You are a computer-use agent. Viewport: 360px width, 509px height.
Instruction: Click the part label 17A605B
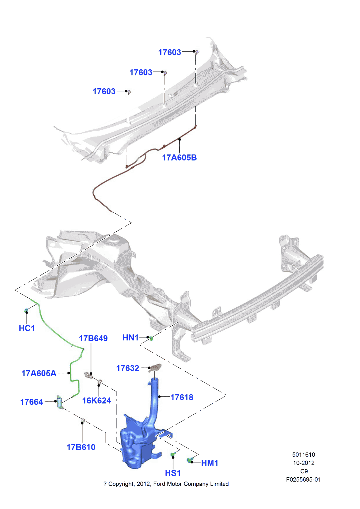pyautogui.click(x=179, y=157)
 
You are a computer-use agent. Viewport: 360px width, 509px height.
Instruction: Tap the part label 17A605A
pyautogui.click(x=39, y=373)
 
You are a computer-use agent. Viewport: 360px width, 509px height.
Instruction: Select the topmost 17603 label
pyautogui.click(x=170, y=52)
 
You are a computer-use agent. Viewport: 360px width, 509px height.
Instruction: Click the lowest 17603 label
pyautogui.click(x=104, y=91)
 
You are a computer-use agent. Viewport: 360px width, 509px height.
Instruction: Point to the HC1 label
pyautogui.click(x=27, y=328)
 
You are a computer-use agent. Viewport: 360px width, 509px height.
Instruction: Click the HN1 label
pyautogui.click(x=130, y=338)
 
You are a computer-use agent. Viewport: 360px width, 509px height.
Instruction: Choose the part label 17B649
pyautogui.click(x=93, y=338)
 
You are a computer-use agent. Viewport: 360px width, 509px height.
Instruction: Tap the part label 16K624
pyautogui.click(x=97, y=400)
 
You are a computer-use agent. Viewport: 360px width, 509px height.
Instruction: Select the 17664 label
pyautogui.click(x=31, y=402)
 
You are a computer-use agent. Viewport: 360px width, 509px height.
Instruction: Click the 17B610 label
pyautogui.click(x=81, y=447)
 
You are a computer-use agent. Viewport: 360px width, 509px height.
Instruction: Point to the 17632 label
pyautogui.click(x=128, y=368)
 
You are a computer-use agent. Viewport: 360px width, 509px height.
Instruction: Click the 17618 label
pyautogui.click(x=182, y=397)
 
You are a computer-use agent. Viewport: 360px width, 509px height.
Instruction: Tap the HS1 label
pyautogui.click(x=173, y=473)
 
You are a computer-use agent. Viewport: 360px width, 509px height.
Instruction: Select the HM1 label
pyautogui.click(x=209, y=463)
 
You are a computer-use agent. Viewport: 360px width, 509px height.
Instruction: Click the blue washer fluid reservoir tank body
pyautogui.click(x=134, y=446)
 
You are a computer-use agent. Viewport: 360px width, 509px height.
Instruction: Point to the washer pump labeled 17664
pyautogui.click(x=59, y=401)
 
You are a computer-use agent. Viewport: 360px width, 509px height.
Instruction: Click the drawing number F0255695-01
pyautogui.click(x=303, y=480)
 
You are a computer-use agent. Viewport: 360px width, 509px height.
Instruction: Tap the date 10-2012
pyautogui.click(x=303, y=463)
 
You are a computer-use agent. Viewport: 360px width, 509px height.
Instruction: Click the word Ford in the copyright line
pyautogui.click(x=159, y=484)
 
